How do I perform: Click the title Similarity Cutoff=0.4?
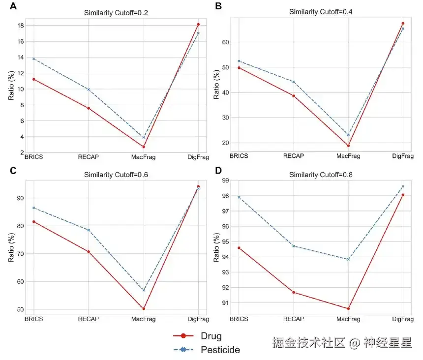click(320, 11)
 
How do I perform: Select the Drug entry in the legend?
click(211, 336)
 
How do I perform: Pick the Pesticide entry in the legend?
click(220, 350)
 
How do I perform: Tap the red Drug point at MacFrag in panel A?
click(144, 147)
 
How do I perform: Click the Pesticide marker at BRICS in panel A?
click(33, 59)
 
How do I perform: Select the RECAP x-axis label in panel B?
click(294, 156)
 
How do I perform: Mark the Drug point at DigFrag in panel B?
click(403, 23)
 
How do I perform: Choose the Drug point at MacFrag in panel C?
click(144, 308)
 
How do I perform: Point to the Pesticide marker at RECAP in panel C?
click(89, 230)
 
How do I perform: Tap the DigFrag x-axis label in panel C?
click(198, 319)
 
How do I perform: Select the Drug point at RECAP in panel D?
click(294, 292)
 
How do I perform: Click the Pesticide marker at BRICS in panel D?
click(239, 197)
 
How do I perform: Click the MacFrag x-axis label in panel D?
click(348, 319)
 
